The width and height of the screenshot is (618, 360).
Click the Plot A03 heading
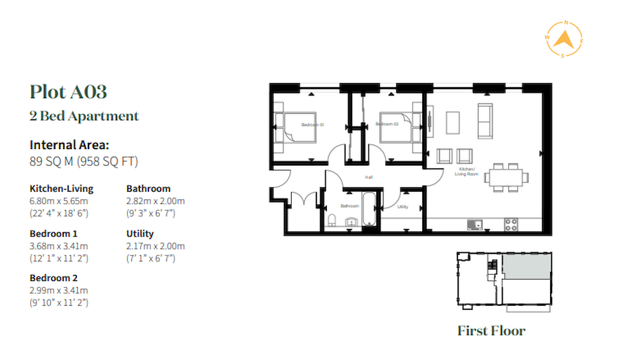tap(68, 91)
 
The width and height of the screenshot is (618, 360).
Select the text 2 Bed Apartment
tap(84, 116)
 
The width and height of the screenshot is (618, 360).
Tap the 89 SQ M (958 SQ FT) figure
tap(84, 162)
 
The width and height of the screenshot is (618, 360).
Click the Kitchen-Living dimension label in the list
tap(61, 188)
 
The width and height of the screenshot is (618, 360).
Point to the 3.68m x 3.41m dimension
tap(58, 246)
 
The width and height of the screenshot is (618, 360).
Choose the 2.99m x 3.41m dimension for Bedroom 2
tap(58, 290)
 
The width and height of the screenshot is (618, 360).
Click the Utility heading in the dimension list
tap(140, 234)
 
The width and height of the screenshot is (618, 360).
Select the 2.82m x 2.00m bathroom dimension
tap(155, 201)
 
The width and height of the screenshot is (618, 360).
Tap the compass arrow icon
tap(564, 41)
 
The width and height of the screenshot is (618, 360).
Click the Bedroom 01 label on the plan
tap(312, 124)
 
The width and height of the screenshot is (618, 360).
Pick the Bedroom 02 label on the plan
tap(387, 124)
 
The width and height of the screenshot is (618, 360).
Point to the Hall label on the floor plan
tap(369, 177)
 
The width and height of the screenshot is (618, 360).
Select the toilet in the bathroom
tap(332, 220)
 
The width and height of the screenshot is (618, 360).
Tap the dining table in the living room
tap(507, 177)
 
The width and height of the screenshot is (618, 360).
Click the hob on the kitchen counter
tap(512, 223)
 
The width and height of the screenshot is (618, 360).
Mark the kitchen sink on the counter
tap(474, 223)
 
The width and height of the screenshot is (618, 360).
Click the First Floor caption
tap(491, 331)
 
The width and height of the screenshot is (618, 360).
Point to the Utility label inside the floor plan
tap(403, 205)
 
